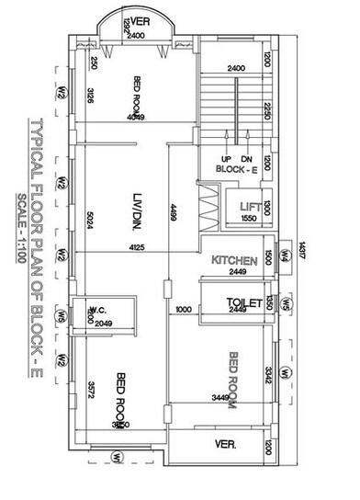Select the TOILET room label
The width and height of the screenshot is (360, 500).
[x=243, y=301]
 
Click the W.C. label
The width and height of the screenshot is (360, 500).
[x=99, y=310]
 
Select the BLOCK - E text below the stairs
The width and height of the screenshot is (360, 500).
[x=236, y=169]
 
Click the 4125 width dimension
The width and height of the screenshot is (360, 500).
[x=137, y=249]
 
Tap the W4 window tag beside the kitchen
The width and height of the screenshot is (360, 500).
[x=285, y=256]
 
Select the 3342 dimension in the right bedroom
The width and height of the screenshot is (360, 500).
[x=266, y=375]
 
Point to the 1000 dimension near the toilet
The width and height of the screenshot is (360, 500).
[x=182, y=311]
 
